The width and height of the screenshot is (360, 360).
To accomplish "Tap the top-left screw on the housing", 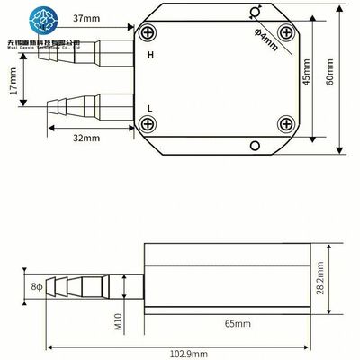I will [148, 33].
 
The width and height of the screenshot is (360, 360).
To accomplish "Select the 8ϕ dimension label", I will [37, 287].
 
